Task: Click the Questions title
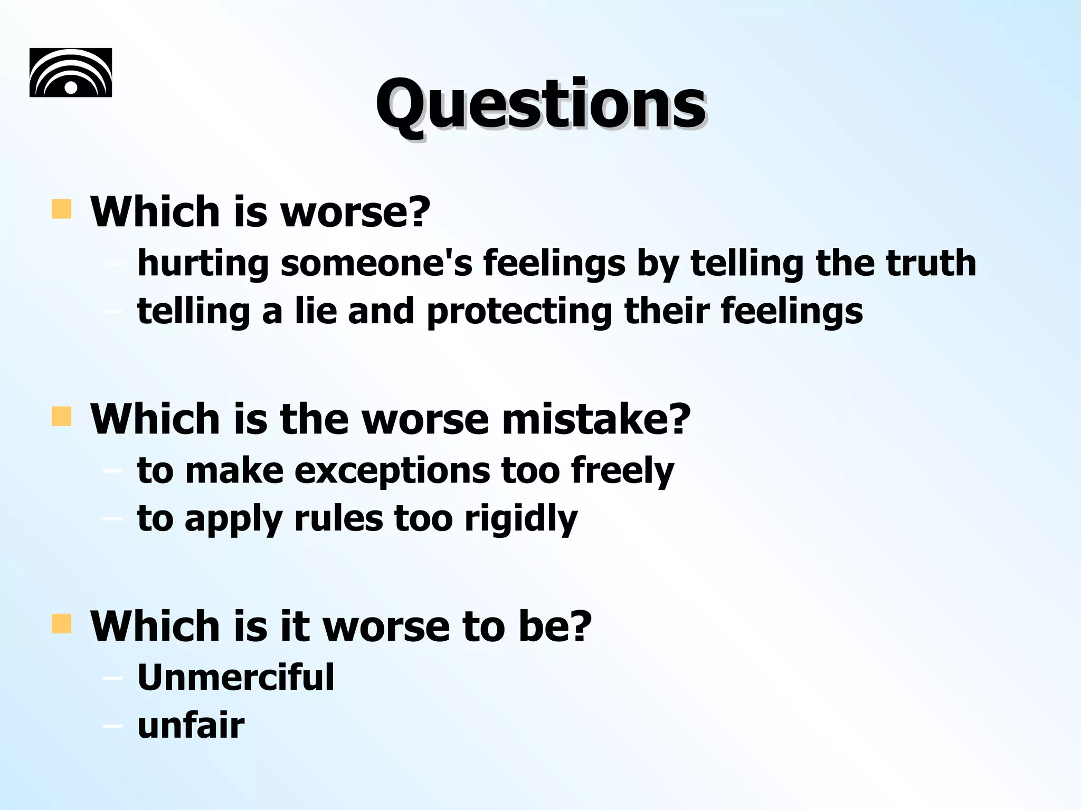540,104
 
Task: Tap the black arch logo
71,72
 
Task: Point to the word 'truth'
931,263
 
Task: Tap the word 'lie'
316,311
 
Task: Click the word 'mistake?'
596,419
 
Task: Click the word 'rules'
338,519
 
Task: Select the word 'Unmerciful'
235,677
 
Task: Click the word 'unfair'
191,726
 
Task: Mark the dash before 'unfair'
112,727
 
